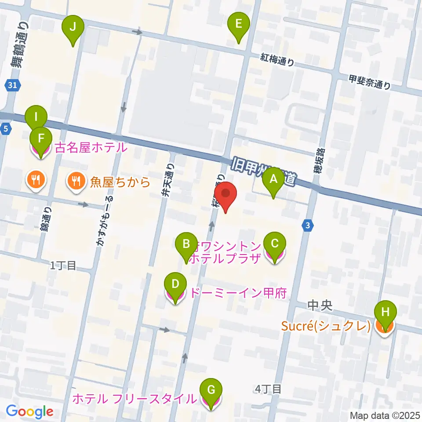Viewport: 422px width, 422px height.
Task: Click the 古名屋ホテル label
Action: click(91, 148)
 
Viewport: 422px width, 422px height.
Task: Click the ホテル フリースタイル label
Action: click(134, 399)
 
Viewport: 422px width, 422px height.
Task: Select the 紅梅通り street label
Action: click(277, 60)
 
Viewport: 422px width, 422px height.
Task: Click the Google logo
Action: click(29, 411)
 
